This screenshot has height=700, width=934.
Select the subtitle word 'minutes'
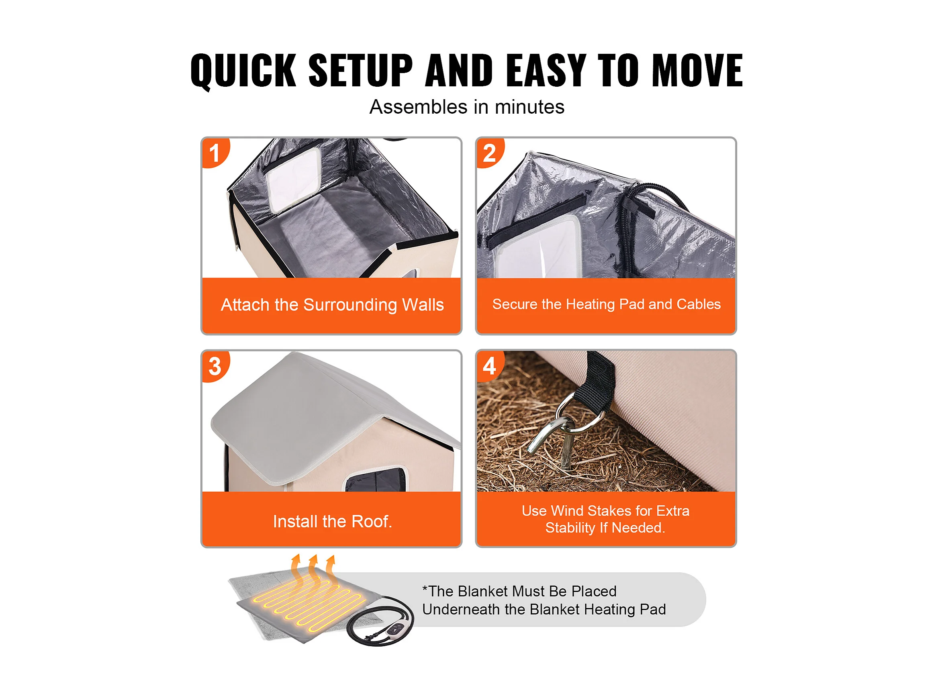(529, 107)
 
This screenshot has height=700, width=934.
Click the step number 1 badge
(215, 153)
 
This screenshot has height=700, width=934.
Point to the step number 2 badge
(490, 153)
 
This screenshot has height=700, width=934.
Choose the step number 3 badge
(215, 366)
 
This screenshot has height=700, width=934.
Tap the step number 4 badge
(490, 366)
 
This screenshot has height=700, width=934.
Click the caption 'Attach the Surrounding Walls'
(332, 305)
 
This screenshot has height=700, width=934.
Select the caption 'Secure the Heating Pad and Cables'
(606, 304)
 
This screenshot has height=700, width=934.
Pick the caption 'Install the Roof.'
(332, 521)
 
